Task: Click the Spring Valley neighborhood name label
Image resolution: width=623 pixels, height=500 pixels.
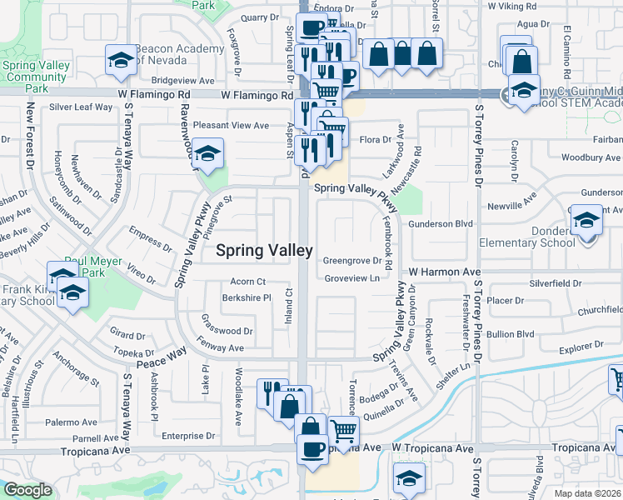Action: (x=265, y=250)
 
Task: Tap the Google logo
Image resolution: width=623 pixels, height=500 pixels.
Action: (x=27, y=491)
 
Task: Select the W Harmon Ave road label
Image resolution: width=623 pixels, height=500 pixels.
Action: (x=445, y=272)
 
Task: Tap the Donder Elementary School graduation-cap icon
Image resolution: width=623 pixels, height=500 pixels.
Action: (x=587, y=222)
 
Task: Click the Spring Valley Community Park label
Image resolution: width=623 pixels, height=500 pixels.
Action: (x=34, y=77)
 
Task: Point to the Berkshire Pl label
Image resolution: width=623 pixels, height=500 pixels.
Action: (x=246, y=297)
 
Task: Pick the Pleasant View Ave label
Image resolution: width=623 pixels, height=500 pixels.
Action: (x=232, y=125)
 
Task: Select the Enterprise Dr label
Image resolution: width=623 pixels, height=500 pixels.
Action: (x=188, y=436)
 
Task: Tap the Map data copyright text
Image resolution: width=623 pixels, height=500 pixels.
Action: (x=588, y=493)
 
